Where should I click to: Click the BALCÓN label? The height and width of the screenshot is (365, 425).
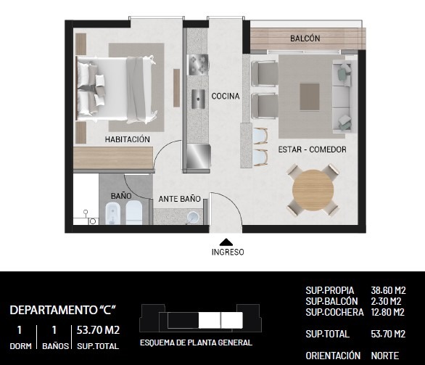pyautogui.click(x=305, y=38)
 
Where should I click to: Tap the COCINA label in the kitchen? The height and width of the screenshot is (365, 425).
pyautogui.click(x=226, y=96)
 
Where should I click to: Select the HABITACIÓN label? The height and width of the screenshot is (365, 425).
pyautogui.click(x=128, y=139)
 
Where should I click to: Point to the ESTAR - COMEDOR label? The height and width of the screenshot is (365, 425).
pyautogui.click(x=313, y=149)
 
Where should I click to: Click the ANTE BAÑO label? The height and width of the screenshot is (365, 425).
pyautogui.click(x=179, y=199)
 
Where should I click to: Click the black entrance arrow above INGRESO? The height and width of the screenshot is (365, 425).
pyautogui.click(x=226, y=242)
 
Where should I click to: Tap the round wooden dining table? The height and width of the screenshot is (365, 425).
pyautogui.click(x=313, y=190)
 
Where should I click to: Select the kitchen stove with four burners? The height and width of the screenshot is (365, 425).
pyautogui.click(x=199, y=65)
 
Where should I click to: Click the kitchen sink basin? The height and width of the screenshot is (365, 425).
pyautogui.click(x=199, y=99)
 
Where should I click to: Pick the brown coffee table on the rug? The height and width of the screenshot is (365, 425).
pyautogui.click(x=310, y=97)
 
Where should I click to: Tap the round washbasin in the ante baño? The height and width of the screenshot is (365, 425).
pyautogui.click(x=194, y=217)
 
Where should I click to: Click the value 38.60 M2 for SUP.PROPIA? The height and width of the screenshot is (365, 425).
pyautogui.click(x=388, y=290)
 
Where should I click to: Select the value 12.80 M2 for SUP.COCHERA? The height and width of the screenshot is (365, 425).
pyautogui.click(x=387, y=312)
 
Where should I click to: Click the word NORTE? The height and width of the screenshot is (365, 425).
pyautogui.click(x=385, y=356)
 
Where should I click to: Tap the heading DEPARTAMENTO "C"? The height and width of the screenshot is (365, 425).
pyautogui.click(x=63, y=310)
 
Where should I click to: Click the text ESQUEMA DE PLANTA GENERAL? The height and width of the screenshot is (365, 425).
pyautogui.click(x=197, y=343)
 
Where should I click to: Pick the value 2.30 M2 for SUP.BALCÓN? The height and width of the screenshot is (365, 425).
pyautogui.click(x=386, y=301)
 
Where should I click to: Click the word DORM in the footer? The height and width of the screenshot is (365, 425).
pyautogui.click(x=20, y=346)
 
